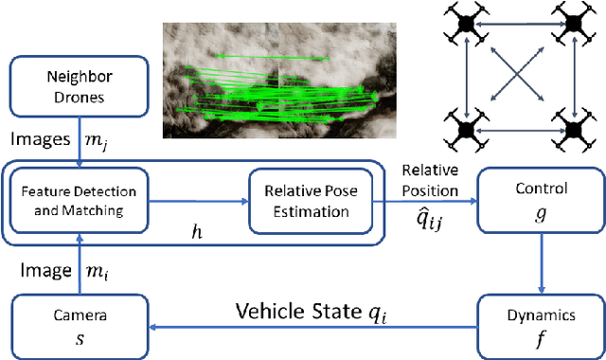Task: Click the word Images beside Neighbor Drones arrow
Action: [x=34, y=138]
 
